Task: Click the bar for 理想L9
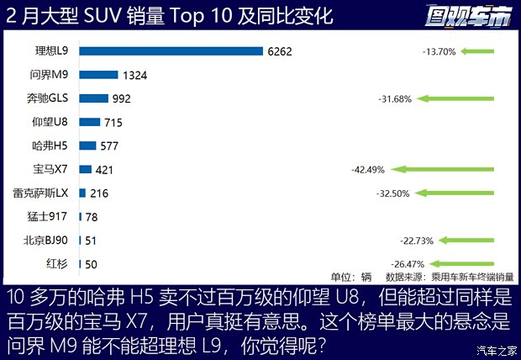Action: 171,51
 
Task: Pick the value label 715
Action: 113,122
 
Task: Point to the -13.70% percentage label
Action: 439,51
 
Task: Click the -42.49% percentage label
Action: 367,169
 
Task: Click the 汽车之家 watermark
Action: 496,351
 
